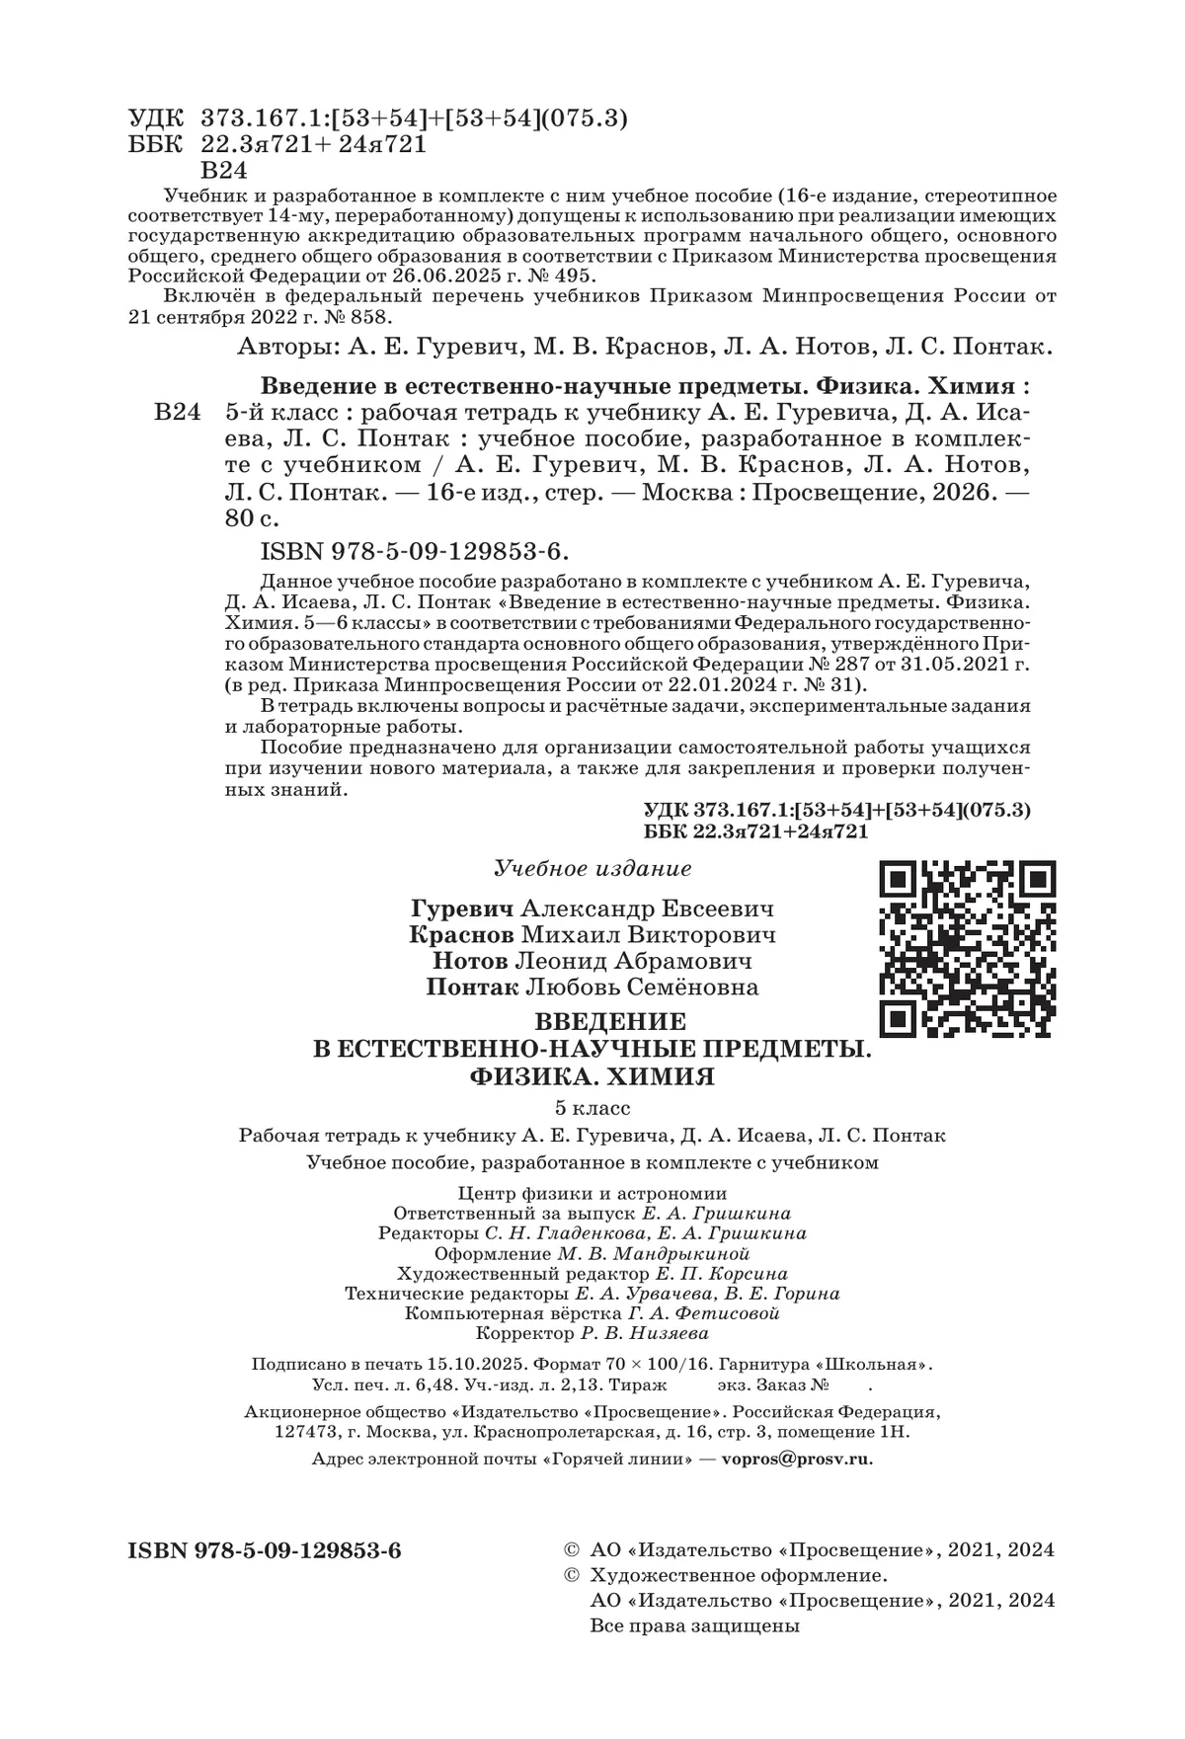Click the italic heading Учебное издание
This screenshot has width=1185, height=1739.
click(592, 869)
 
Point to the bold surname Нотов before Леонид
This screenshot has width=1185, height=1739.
click(471, 961)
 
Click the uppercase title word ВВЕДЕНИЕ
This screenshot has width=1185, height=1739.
click(601, 1019)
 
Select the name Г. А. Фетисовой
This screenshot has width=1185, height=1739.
click(704, 1313)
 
